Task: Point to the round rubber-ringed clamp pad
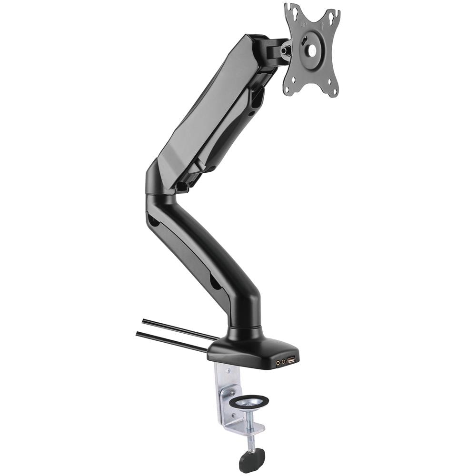249,403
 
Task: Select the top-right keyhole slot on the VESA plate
334,16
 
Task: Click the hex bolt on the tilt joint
286,49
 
